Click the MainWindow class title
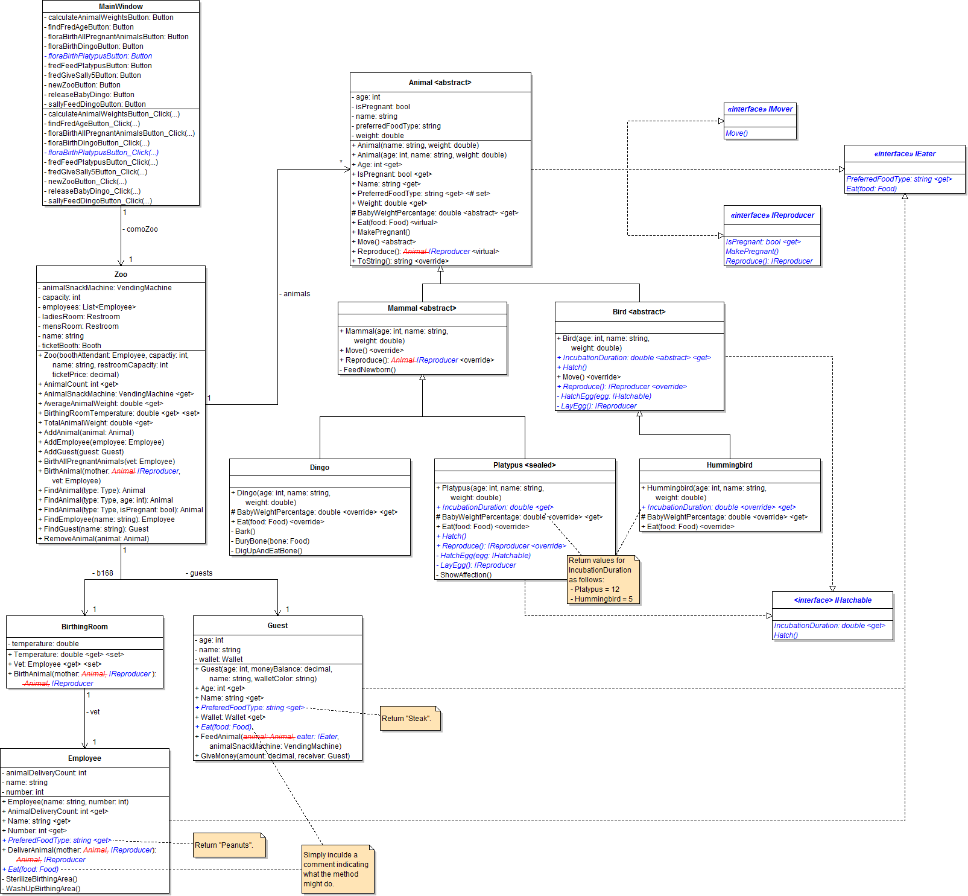[x=121, y=7]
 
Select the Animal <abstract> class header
[x=440, y=83]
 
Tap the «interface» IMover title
[x=760, y=109]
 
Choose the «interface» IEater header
[x=904, y=154]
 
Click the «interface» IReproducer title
[x=772, y=215]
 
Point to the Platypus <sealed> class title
[x=524, y=465]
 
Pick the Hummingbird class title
[x=729, y=465]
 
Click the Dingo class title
[x=319, y=468]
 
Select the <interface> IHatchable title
[x=832, y=600]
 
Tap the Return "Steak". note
[x=410, y=719]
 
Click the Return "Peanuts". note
[x=229, y=845]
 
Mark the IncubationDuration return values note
[x=603, y=579]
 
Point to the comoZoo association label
[x=142, y=229]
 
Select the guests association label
[x=201, y=573]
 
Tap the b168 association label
[x=104, y=573]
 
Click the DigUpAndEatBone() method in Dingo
[x=268, y=551]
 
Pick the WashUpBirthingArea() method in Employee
[x=43, y=889]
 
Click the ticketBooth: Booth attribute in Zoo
[x=71, y=346]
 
